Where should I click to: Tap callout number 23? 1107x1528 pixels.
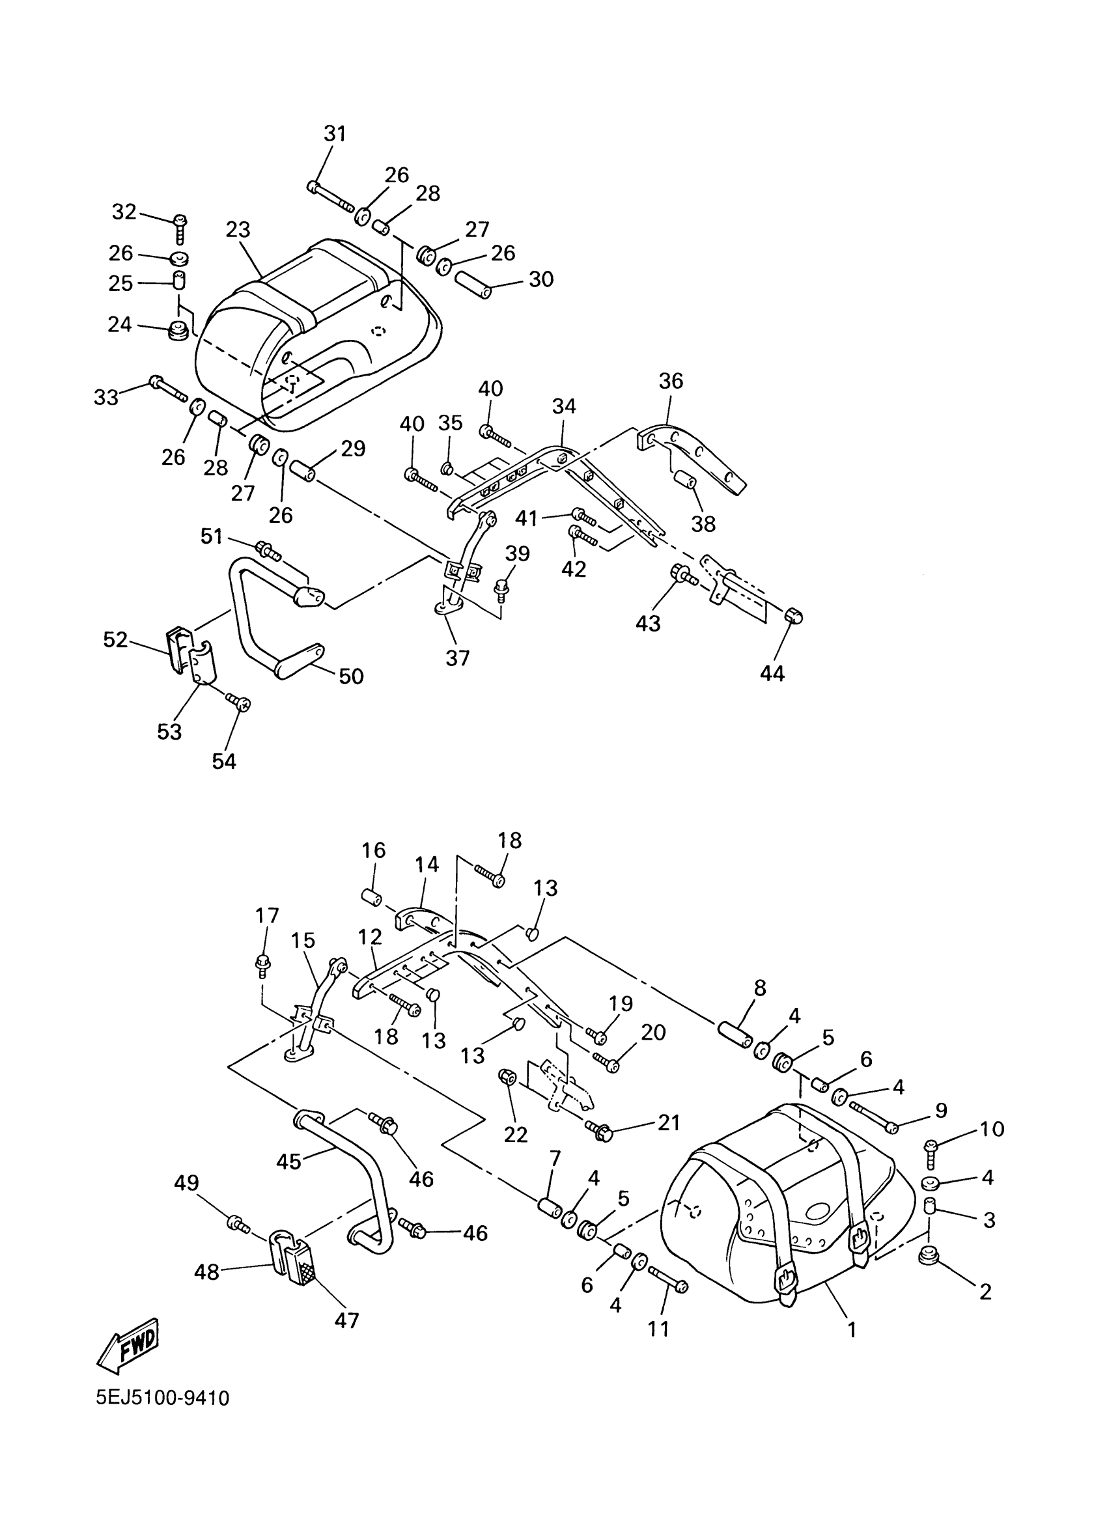click(238, 230)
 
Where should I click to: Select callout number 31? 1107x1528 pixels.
click(335, 133)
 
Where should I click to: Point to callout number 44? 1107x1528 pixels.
click(772, 673)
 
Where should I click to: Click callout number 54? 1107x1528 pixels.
click(225, 761)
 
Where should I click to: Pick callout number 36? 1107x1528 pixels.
click(671, 381)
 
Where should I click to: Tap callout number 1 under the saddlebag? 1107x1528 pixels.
click(852, 1330)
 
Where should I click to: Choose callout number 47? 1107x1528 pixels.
click(347, 1320)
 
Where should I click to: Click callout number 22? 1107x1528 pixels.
click(516, 1135)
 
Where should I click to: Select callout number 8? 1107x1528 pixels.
click(760, 988)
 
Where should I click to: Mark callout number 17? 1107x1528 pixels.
click(268, 915)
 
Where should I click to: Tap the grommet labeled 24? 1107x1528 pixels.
click(178, 331)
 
